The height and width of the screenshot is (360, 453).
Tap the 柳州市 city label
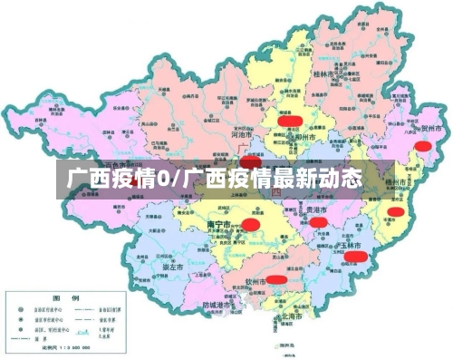tap(305, 138)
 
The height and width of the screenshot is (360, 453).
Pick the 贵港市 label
tap(316, 209)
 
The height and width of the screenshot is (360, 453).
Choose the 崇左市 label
tap(172, 268)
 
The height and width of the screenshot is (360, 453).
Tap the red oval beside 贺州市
tap(423, 145)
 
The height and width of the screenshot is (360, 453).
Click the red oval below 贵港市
tap(319, 222)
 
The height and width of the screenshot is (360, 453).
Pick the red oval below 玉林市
tap(356, 257)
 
